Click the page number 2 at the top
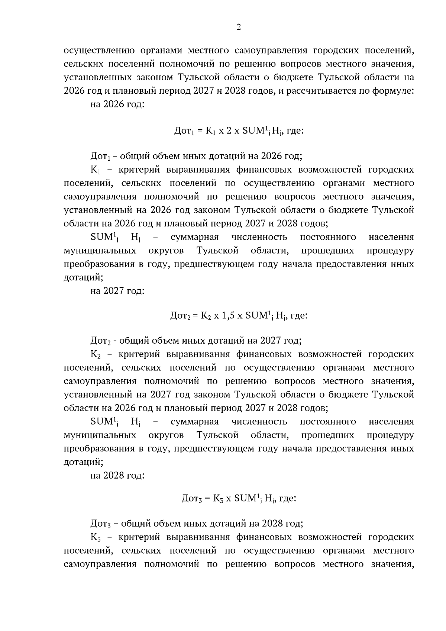click(x=239, y=27)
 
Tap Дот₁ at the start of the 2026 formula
click(x=183, y=131)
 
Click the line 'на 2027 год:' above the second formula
click(x=117, y=290)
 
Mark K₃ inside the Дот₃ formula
click(x=218, y=499)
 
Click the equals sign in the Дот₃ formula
click(x=207, y=499)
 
